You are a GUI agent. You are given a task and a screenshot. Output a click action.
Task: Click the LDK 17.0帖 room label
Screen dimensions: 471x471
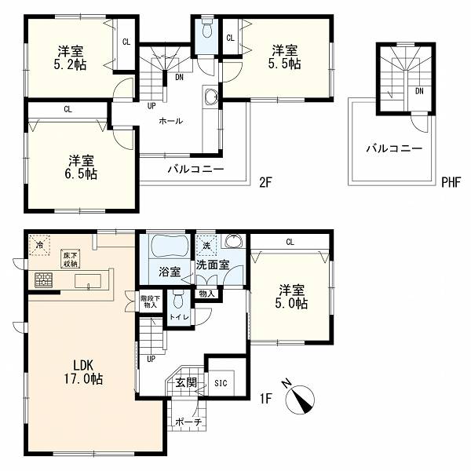[x=83, y=372]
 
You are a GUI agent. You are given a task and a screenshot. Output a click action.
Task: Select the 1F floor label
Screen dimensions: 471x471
[x=265, y=399]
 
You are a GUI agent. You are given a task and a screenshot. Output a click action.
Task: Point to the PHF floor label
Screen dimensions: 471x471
[x=451, y=182]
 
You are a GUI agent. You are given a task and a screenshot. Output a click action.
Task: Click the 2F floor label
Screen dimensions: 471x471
[x=265, y=182]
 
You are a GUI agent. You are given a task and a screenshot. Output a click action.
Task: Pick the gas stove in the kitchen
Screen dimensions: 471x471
[x=43, y=280]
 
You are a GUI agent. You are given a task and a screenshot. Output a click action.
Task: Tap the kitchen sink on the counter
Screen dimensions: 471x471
[x=88, y=281]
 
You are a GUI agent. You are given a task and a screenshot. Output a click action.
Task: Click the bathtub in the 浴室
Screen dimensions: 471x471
[x=170, y=246]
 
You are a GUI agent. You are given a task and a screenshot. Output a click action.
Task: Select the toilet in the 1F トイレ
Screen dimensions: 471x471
[x=178, y=300]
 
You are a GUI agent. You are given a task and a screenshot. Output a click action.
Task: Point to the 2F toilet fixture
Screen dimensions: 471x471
[x=206, y=27]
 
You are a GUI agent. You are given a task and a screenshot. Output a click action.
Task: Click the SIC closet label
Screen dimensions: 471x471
[x=221, y=383]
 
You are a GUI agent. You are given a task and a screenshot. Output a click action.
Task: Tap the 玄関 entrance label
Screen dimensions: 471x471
[x=186, y=383]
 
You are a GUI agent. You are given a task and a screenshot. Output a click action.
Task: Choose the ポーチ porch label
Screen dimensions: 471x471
[x=188, y=422]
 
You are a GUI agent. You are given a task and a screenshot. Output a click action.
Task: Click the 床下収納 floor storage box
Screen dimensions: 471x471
[x=71, y=259]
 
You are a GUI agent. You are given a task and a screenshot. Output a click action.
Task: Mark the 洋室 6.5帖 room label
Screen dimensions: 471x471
[x=81, y=167]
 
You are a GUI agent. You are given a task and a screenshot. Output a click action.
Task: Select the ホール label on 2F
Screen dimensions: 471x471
[x=170, y=121]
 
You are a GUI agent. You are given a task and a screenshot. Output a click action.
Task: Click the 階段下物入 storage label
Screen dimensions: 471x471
[x=150, y=302]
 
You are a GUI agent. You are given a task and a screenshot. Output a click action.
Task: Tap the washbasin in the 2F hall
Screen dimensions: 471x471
[x=210, y=97]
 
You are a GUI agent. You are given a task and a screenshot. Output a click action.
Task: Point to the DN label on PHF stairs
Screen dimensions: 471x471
[x=419, y=91]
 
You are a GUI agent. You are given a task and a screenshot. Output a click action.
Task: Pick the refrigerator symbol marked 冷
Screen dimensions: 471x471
[x=39, y=245]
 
